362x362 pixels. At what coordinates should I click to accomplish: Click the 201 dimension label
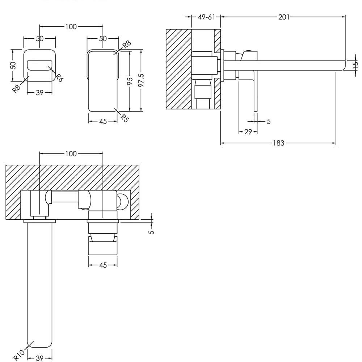[x=284, y=17]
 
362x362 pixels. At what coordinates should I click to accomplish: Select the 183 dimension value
[x=278, y=143]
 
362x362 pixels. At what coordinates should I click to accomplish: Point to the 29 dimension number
[x=248, y=132]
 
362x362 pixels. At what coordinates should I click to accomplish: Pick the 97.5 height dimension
[x=141, y=80]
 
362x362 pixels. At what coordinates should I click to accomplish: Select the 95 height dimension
[x=130, y=81]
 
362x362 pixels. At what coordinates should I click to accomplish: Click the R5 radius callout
[x=124, y=118]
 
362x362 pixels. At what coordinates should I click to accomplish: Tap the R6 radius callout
[x=59, y=77]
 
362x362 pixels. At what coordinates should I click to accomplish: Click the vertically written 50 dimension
[x=13, y=65]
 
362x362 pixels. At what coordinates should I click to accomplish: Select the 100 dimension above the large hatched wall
[x=71, y=154]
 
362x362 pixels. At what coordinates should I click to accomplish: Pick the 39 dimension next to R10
[x=39, y=358]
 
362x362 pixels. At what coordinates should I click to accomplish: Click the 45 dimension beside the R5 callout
[x=103, y=122]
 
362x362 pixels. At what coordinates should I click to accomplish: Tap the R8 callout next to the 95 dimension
[x=126, y=45]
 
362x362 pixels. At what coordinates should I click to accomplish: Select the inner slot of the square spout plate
[x=39, y=65]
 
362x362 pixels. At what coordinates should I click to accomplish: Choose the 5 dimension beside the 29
[x=268, y=122]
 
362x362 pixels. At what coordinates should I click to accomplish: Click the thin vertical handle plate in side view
[x=255, y=90]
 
